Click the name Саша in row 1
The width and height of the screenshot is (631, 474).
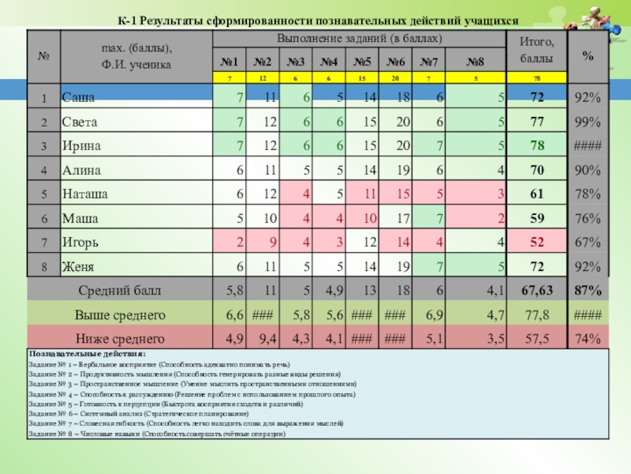click(x=79, y=97)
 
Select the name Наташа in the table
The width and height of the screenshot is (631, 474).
click(x=85, y=194)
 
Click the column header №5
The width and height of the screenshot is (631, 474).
click(x=363, y=61)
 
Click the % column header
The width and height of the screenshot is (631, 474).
click(x=588, y=55)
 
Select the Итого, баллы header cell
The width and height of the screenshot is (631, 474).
click(x=536, y=50)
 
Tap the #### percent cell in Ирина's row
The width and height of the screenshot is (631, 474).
click(x=588, y=145)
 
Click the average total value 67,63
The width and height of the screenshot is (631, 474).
click(x=536, y=291)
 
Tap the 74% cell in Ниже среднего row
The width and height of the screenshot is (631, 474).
click(x=588, y=339)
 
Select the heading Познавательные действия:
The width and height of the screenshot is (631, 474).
click(x=87, y=355)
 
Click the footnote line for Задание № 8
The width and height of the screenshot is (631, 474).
click(x=156, y=434)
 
